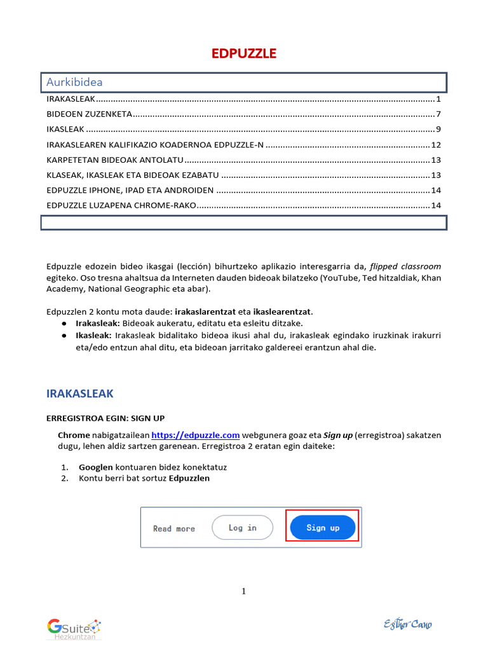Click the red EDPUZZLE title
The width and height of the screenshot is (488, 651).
click(x=243, y=54)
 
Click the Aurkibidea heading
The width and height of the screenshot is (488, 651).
click(x=74, y=82)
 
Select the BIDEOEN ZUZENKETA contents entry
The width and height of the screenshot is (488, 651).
click(x=90, y=114)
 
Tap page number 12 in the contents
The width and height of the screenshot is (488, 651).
click(x=435, y=145)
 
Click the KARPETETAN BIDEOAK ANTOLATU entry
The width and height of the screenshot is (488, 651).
click(x=115, y=160)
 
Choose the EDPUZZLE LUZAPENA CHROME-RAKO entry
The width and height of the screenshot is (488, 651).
click(x=121, y=205)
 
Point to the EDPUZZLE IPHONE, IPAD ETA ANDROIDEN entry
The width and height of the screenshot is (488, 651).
click(x=130, y=190)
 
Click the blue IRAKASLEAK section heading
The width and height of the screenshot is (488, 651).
click(x=80, y=394)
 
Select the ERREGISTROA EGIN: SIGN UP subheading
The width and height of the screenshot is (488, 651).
click(x=105, y=418)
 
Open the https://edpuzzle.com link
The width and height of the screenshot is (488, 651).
click(x=195, y=435)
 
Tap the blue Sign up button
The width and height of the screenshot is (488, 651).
click(x=323, y=528)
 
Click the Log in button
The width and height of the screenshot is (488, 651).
click(x=242, y=528)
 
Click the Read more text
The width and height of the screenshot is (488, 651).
click(x=174, y=528)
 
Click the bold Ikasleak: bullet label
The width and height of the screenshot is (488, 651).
click(x=93, y=335)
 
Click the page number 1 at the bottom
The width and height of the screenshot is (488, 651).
click(x=243, y=592)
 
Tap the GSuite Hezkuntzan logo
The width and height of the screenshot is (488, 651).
click(x=74, y=628)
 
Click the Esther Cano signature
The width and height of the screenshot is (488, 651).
click(x=407, y=624)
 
